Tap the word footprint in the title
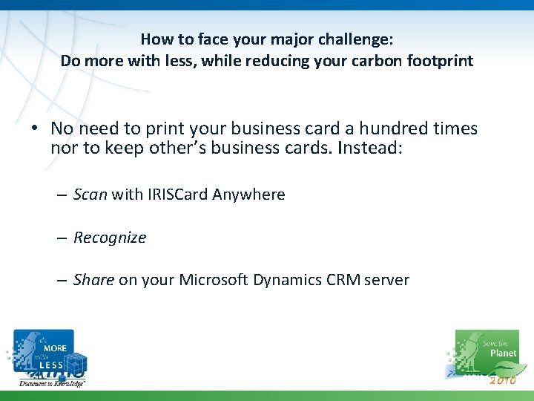(439, 61)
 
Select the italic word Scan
(90, 195)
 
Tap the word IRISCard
(177, 195)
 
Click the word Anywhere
(248, 195)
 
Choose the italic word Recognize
(110, 238)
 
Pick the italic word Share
(93, 280)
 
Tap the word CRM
(346, 280)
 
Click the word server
(386, 280)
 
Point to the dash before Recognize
(62, 238)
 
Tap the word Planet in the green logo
(504, 353)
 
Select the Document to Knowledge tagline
(52, 383)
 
